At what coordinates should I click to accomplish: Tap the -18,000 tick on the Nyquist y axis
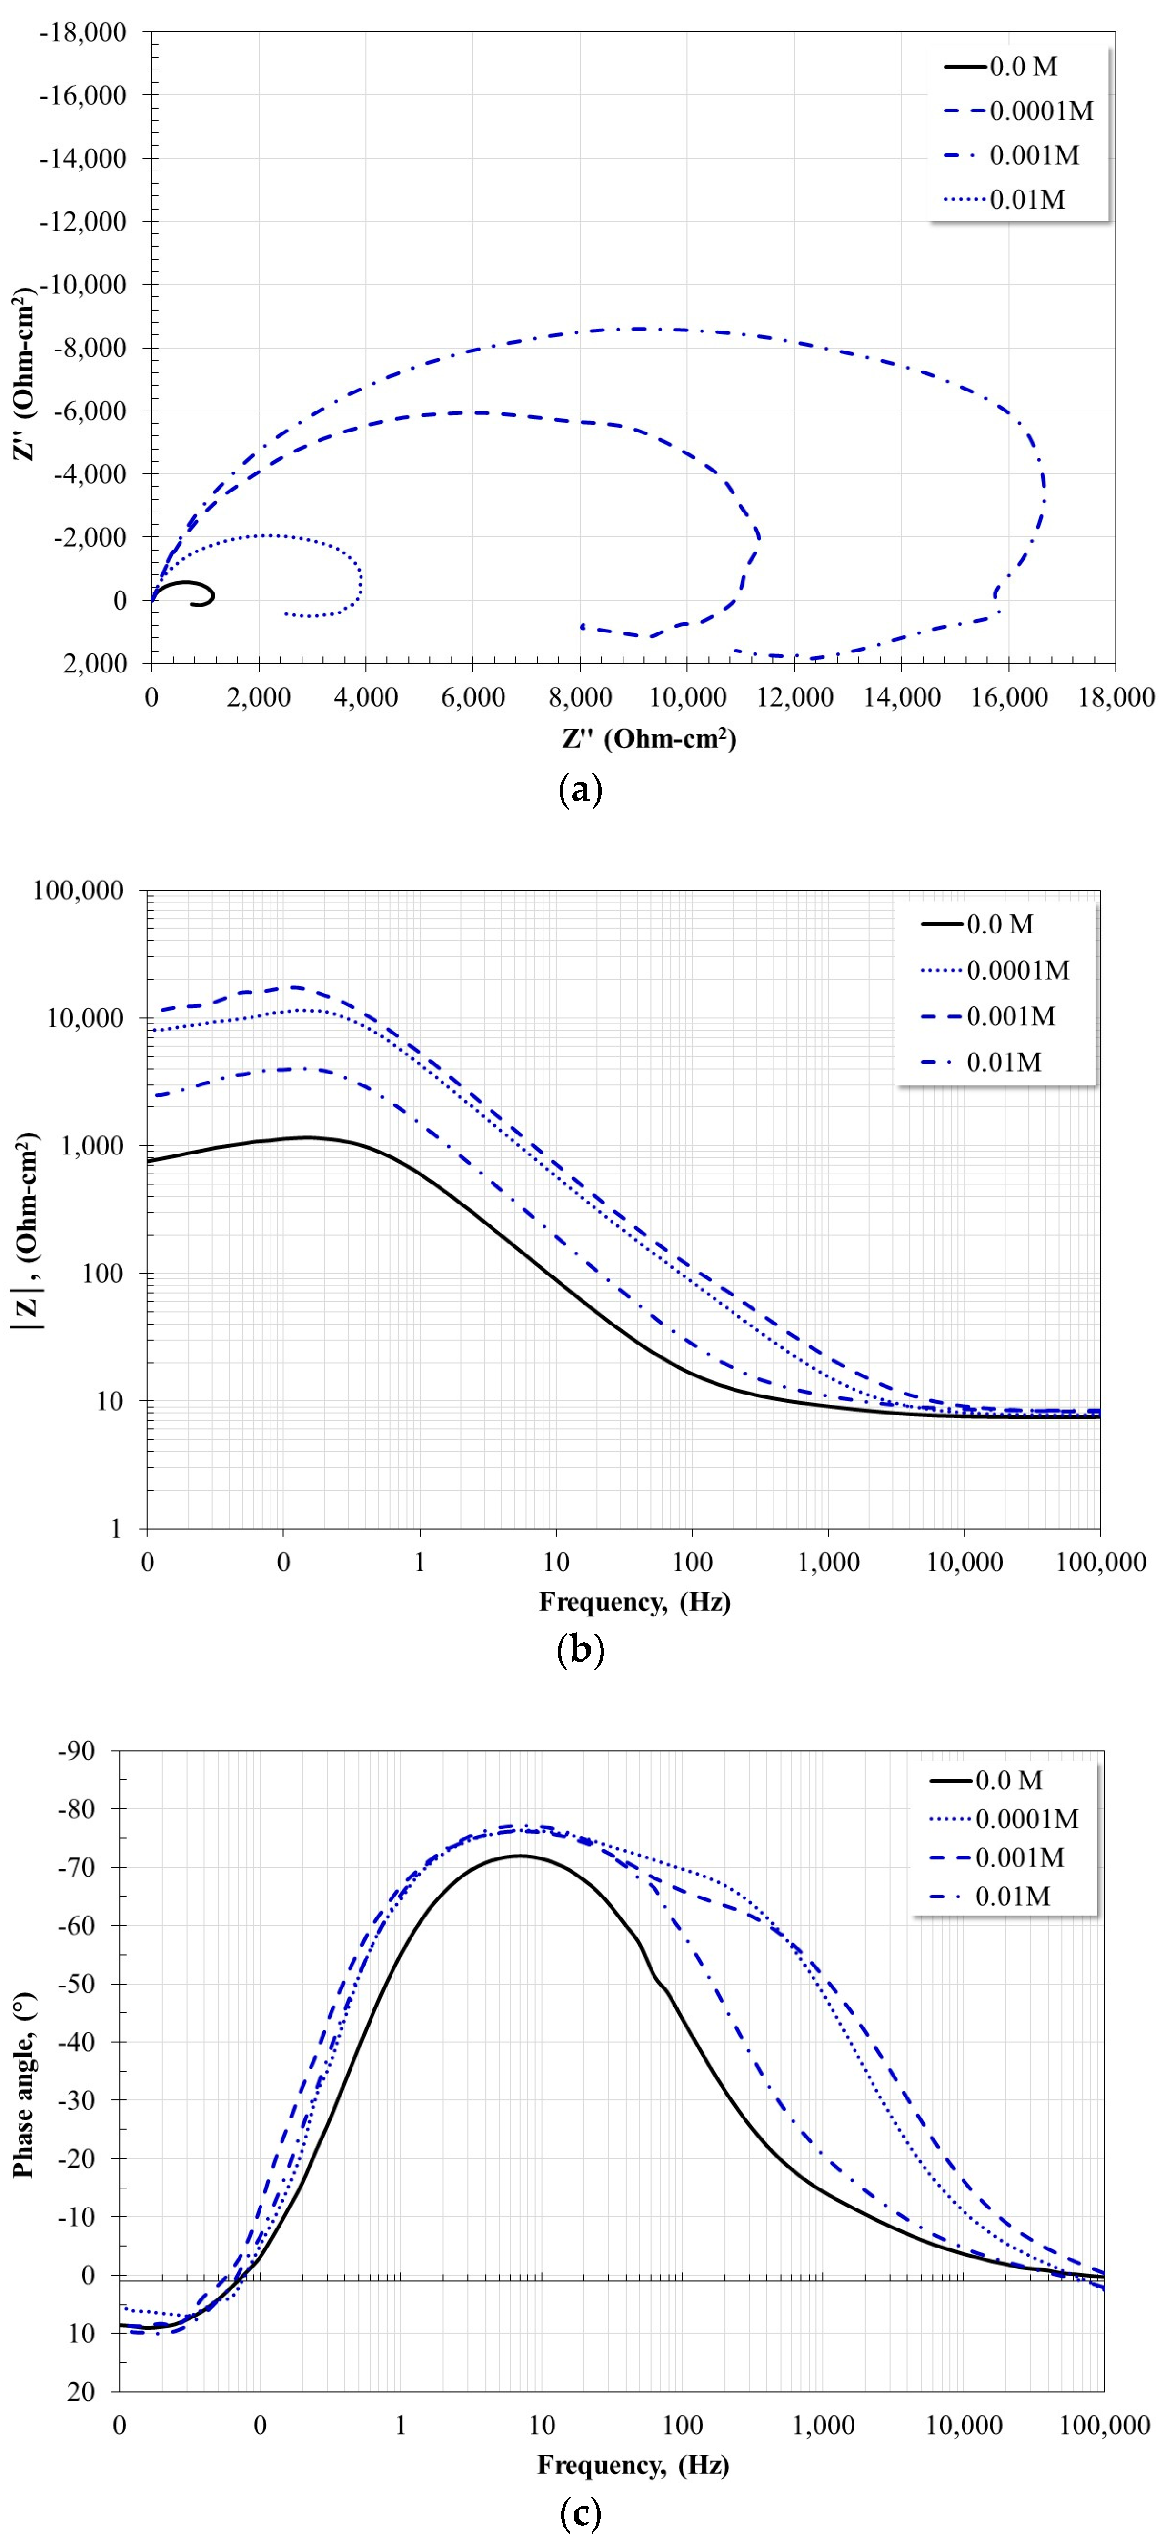83,32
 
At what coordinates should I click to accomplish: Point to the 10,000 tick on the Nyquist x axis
687,698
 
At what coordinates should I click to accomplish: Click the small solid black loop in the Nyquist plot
187,592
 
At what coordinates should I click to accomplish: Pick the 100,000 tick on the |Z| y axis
79,891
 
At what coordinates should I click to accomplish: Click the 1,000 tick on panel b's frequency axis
828,1562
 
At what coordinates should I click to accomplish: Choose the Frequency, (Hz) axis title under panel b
634,1602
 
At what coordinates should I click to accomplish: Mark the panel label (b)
580,1650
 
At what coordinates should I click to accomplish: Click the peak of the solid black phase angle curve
520,1856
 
